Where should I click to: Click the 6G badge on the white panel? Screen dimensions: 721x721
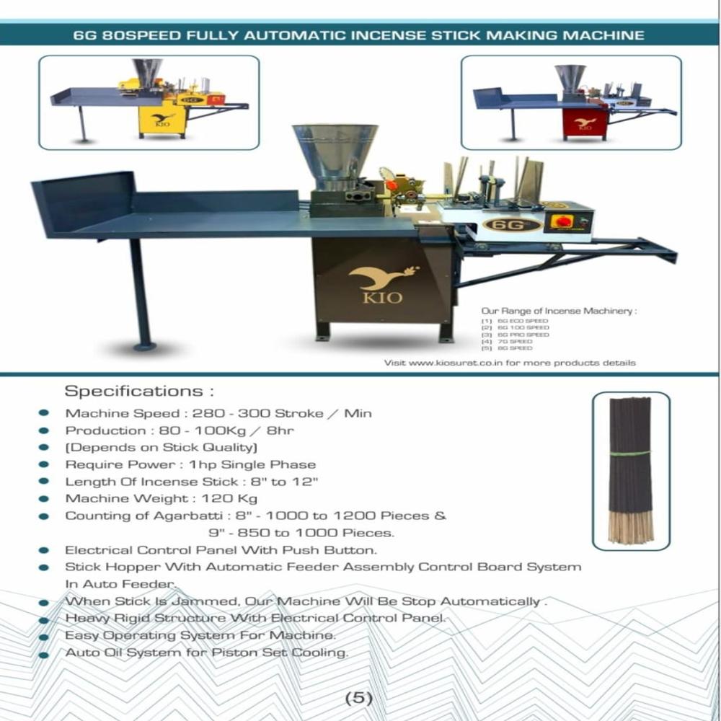pyautogui.click(x=512, y=224)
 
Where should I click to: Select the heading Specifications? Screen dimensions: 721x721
pyautogui.click(x=140, y=392)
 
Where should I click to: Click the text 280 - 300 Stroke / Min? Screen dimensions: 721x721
pyautogui.click(x=294, y=413)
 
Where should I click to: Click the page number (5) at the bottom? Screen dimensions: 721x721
pyautogui.click(x=358, y=697)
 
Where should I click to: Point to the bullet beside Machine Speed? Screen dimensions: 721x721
pyautogui.click(x=44, y=413)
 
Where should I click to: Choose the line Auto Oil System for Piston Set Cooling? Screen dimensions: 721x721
pyautogui.click(x=206, y=653)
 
